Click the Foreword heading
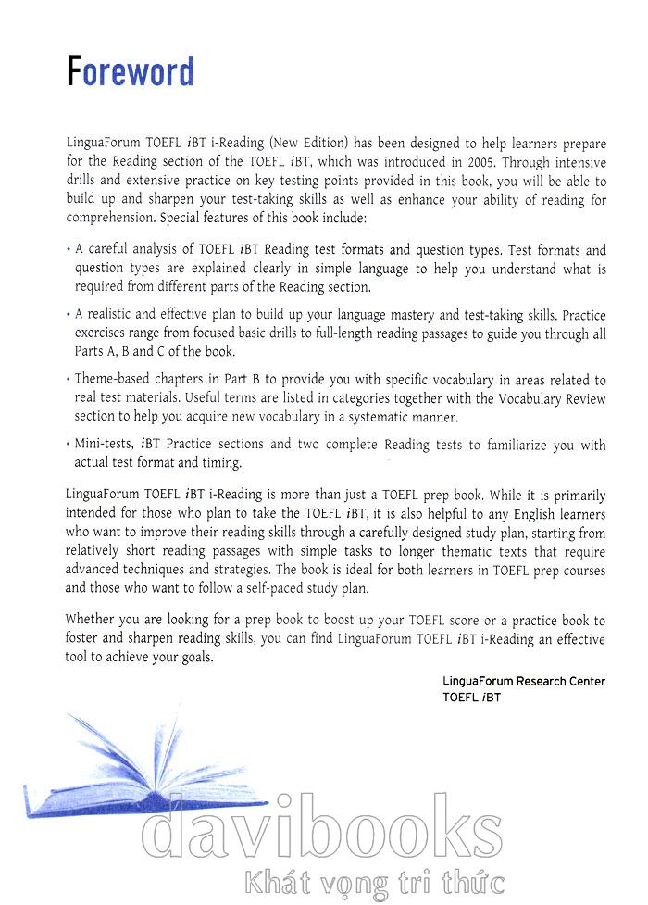[x=131, y=71]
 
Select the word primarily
[x=579, y=494]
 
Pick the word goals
[x=192, y=657]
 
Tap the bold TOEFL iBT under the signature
[x=471, y=698]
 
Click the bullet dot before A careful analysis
[x=69, y=250]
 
